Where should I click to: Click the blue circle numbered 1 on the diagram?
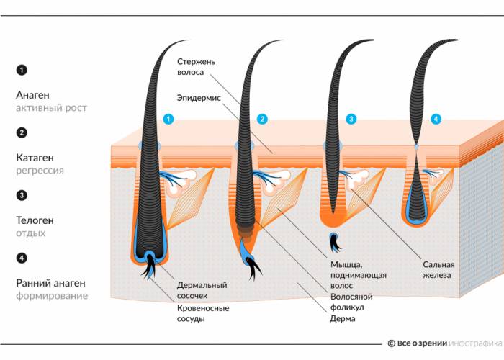tap(168, 119)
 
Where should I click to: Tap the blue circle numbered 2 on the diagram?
tap(262, 119)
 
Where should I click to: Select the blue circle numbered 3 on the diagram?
tap(351, 119)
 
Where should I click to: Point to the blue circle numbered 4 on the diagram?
tap(435, 118)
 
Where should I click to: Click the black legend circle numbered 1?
tap(22, 70)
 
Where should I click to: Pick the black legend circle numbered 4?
tap(22, 258)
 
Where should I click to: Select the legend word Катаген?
tap(35, 157)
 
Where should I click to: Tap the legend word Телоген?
tap(35, 220)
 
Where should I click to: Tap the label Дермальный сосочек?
tap(202, 290)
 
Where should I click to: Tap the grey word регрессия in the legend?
tap(40, 171)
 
